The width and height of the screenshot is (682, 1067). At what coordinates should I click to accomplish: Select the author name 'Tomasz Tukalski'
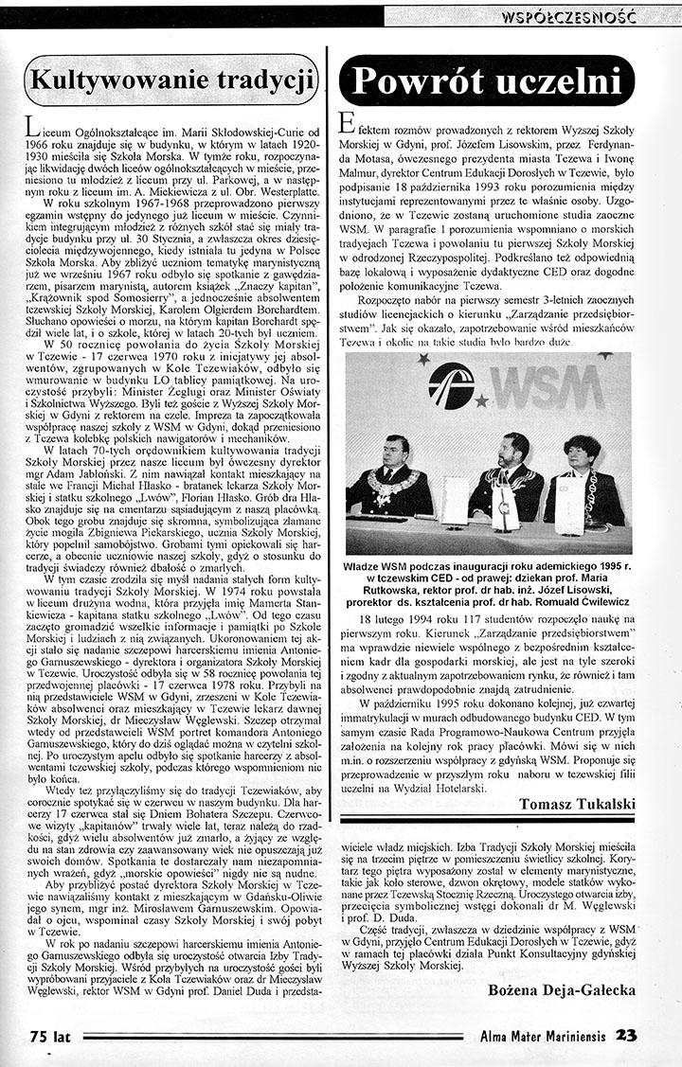[578, 804]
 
